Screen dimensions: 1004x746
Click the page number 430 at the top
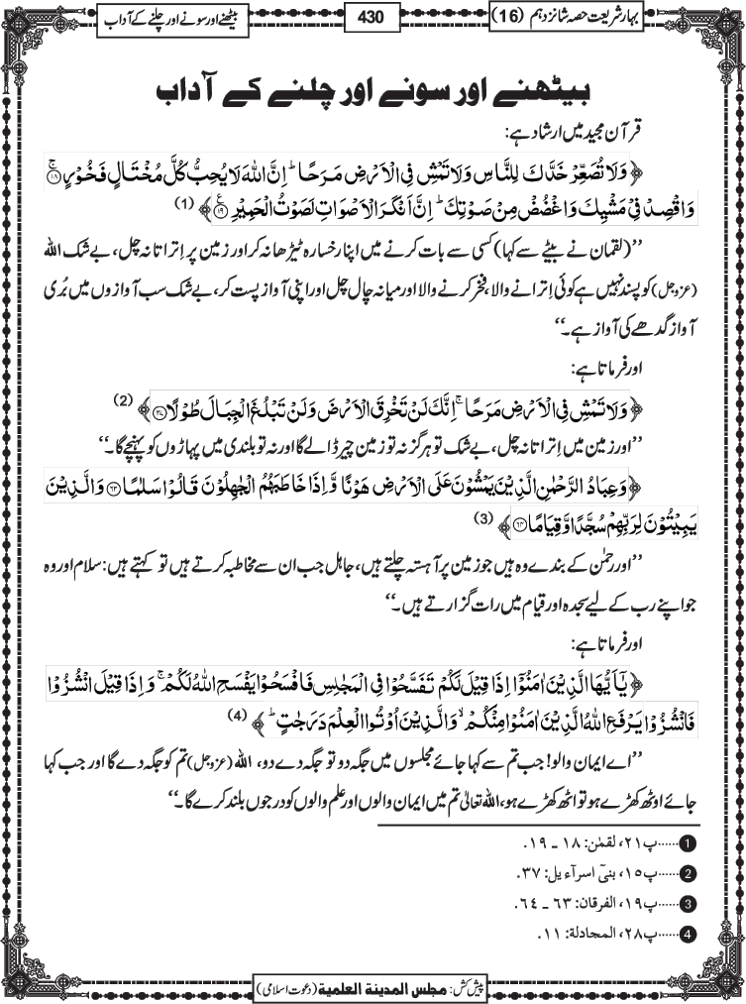click(373, 16)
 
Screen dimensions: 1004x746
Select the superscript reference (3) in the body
click(482, 517)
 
